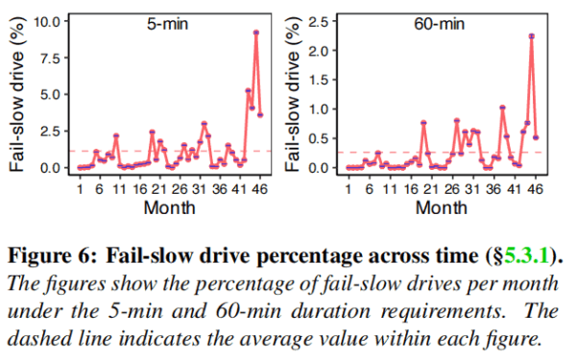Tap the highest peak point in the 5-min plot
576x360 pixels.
tap(256, 32)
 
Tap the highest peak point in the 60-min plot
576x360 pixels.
tap(531, 36)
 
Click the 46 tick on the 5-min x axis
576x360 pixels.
tap(259, 189)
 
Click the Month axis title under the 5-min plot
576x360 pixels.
tap(169, 207)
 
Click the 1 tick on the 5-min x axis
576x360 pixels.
tap(80, 189)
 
